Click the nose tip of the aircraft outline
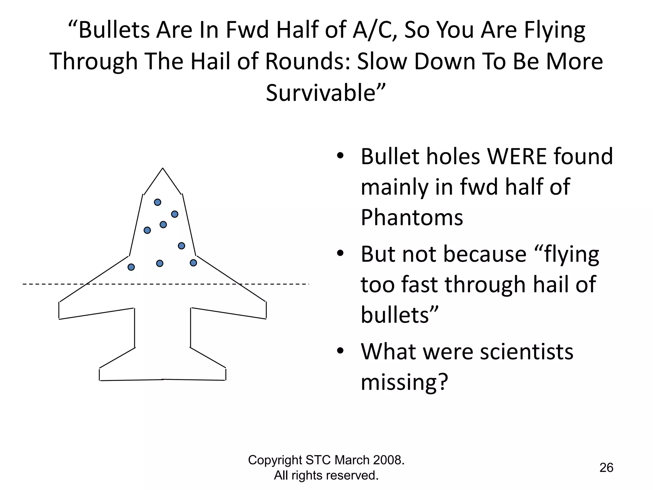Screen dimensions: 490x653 (163, 168)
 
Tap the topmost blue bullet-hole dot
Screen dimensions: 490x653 (158, 202)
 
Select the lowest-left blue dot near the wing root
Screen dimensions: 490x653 (131, 267)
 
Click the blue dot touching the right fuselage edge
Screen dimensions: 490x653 (193, 263)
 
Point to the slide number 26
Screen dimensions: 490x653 (606, 468)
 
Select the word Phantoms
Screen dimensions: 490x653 (412, 218)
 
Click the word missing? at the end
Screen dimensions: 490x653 (404, 382)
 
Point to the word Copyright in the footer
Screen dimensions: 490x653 (275, 460)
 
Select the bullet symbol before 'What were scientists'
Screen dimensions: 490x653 (340, 351)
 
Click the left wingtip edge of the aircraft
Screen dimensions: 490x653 (59, 310)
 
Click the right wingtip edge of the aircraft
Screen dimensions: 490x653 (266, 310)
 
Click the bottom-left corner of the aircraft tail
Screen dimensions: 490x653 (100, 380)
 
